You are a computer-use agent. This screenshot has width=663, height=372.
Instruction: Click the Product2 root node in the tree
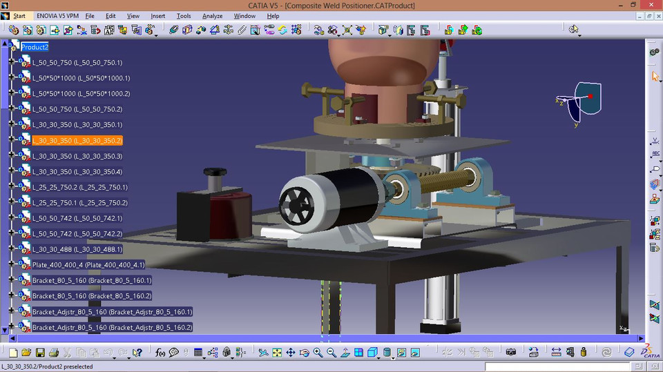tap(35, 47)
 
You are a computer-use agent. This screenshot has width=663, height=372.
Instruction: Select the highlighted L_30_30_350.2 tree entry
tap(77, 140)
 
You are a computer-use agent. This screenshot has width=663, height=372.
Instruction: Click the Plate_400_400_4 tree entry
tap(88, 265)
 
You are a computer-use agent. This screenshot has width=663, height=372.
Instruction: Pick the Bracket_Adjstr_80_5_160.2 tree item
tap(112, 327)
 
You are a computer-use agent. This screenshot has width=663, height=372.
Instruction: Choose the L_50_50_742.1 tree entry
tap(77, 218)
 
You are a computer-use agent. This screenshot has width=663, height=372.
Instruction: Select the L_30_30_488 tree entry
tap(77, 249)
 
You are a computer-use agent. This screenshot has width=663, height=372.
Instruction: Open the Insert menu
tap(157, 16)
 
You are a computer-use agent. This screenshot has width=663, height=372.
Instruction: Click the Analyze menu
tap(212, 16)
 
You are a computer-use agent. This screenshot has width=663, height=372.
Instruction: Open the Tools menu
tap(184, 16)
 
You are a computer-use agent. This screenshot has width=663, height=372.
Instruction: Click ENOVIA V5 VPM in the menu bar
tap(56, 16)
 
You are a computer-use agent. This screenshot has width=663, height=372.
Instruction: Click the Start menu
tap(19, 16)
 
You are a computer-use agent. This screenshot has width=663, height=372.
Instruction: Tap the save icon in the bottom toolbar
tap(40, 353)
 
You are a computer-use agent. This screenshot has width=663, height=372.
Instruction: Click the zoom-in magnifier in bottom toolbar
tap(318, 353)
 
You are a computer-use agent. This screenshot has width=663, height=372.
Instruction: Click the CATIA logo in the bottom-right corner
tap(648, 351)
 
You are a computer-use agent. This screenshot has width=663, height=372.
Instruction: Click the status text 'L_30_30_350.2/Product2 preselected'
tap(47, 367)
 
